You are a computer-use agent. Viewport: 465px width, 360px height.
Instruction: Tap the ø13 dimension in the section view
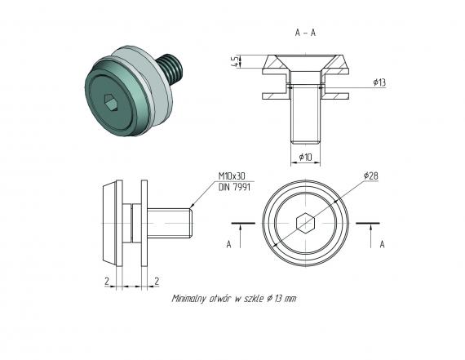click(379, 83)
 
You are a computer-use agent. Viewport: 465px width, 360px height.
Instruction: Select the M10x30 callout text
click(233, 176)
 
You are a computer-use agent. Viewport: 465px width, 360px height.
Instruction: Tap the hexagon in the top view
click(304, 222)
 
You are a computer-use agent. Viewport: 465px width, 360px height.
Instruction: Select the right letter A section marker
click(382, 244)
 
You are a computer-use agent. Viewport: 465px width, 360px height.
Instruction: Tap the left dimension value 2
click(106, 279)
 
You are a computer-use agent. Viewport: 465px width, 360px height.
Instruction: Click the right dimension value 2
click(156, 279)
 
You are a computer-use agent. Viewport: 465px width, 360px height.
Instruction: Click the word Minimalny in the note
click(192, 299)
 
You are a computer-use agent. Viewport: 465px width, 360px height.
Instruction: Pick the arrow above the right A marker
click(371, 230)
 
